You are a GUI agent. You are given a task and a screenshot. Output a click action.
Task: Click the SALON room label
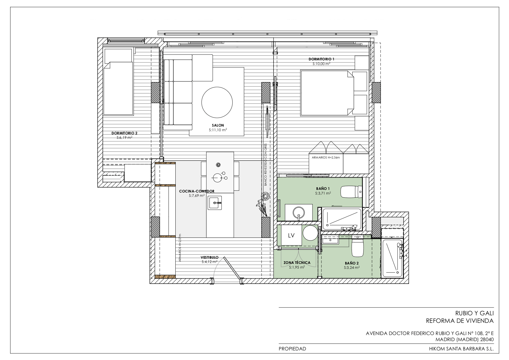pos(218,125)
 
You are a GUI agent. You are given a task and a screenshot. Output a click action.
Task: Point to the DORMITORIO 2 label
pos(124,133)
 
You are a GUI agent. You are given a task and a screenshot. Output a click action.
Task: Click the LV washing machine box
pos(291,236)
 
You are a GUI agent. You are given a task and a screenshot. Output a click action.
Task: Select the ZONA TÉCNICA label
pos(297,262)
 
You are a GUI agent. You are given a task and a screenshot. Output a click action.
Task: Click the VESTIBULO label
pos(209,257)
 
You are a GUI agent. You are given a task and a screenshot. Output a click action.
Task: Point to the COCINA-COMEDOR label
pos(197,191)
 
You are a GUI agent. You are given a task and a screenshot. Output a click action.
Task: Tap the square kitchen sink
pos(215,203)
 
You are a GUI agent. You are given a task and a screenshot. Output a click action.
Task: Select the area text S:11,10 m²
pos(218,130)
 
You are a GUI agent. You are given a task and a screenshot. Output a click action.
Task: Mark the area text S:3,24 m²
pos(352,268)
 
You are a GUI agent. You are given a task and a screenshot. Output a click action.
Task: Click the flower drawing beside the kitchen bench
pos(262,205)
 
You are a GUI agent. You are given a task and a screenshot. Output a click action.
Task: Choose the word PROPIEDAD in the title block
pos(292,349)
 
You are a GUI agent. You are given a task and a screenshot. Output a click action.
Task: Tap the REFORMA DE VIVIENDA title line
pos(460,321)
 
